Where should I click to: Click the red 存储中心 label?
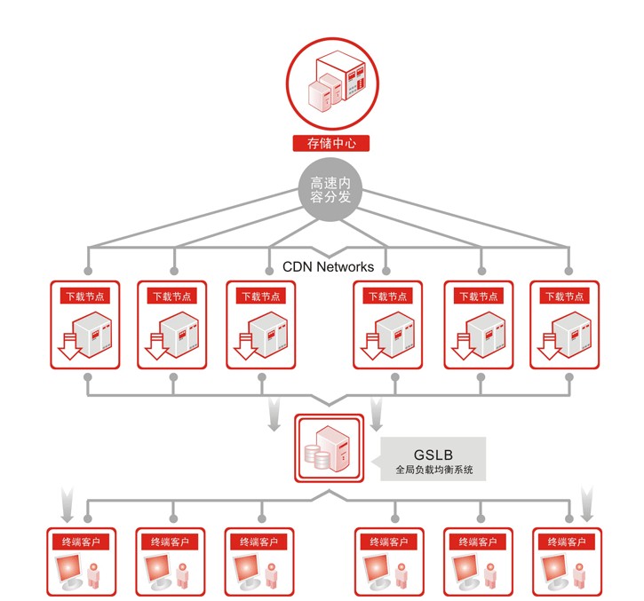(330, 143)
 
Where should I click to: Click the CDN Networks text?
(328, 266)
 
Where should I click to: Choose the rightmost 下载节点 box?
(565, 325)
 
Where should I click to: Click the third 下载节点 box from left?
(261, 325)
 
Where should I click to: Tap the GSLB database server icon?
(330, 449)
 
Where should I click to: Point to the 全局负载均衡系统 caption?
(433, 471)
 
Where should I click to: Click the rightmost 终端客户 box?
(568, 562)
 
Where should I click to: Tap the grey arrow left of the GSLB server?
(274, 415)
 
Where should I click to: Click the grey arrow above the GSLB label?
(376, 415)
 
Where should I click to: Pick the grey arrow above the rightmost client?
(587, 502)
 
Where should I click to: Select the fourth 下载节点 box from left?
(389, 325)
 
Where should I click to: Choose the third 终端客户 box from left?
(261, 562)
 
